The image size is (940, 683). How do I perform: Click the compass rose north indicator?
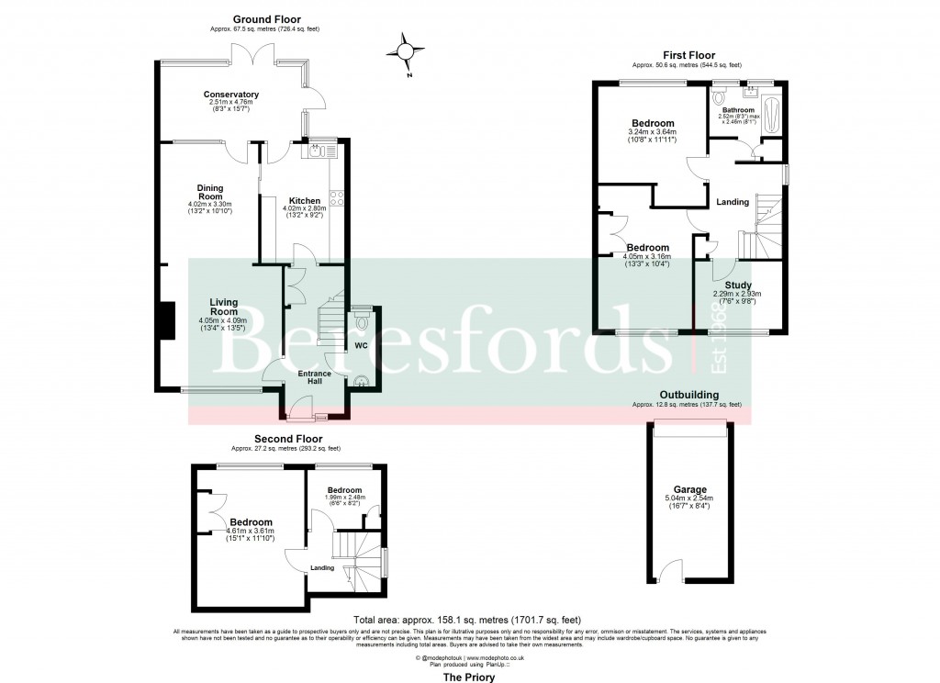point(407,50)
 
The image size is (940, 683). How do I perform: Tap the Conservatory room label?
point(230,95)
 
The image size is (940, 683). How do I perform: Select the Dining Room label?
point(210,192)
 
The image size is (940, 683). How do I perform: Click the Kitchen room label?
point(305,201)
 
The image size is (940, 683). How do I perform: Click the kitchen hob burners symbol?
point(336,201)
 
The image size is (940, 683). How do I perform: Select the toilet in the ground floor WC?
point(361,321)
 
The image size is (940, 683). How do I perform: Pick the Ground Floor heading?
point(266,19)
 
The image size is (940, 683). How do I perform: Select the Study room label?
point(738,286)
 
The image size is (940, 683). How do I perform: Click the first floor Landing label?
point(732,202)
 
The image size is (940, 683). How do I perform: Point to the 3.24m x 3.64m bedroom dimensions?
point(652,136)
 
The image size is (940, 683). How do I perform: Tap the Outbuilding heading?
point(687,395)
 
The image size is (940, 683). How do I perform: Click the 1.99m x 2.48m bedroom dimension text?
point(345,499)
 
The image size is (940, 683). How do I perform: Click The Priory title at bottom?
point(469,677)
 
